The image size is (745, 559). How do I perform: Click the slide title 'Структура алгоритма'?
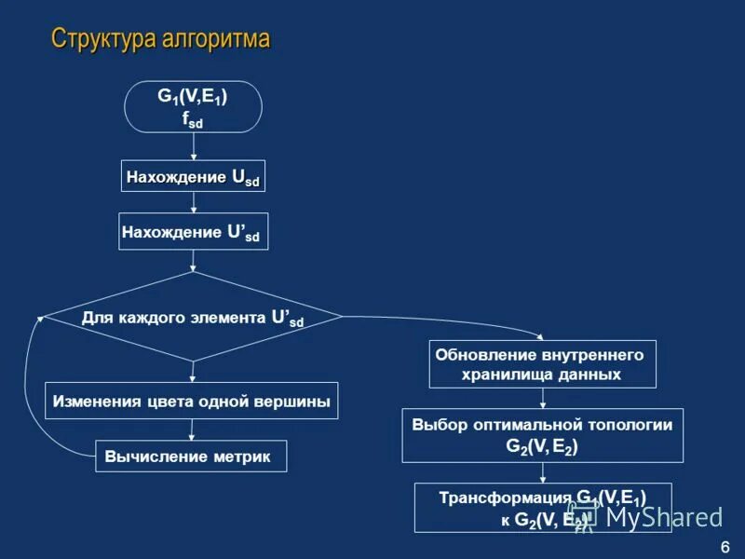click(160, 39)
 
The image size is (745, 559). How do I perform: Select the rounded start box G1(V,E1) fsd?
click(194, 106)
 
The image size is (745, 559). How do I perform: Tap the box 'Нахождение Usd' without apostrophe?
click(194, 176)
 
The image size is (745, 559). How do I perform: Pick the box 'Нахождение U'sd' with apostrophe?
click(194, 231)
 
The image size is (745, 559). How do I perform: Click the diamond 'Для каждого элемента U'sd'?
click(193, 317)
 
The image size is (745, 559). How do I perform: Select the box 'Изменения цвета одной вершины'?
click(192, 401)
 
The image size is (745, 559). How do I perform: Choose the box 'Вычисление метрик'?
click(191, 457)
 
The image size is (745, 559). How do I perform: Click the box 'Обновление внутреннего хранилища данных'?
click(542, 364)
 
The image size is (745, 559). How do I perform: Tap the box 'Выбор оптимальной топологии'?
click(542, 435)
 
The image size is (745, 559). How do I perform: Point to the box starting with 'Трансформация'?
click(542, 508)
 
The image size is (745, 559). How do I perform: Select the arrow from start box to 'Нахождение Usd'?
click(194, 146)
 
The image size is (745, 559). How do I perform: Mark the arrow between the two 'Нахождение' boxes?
click(194, 202)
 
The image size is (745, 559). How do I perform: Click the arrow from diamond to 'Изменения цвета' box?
click(193, 372)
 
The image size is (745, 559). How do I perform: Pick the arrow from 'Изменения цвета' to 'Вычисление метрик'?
click(192, 429)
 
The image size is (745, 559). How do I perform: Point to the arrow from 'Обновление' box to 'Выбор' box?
click(542, 398)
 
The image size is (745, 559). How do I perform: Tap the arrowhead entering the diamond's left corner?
click(40, 319)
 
